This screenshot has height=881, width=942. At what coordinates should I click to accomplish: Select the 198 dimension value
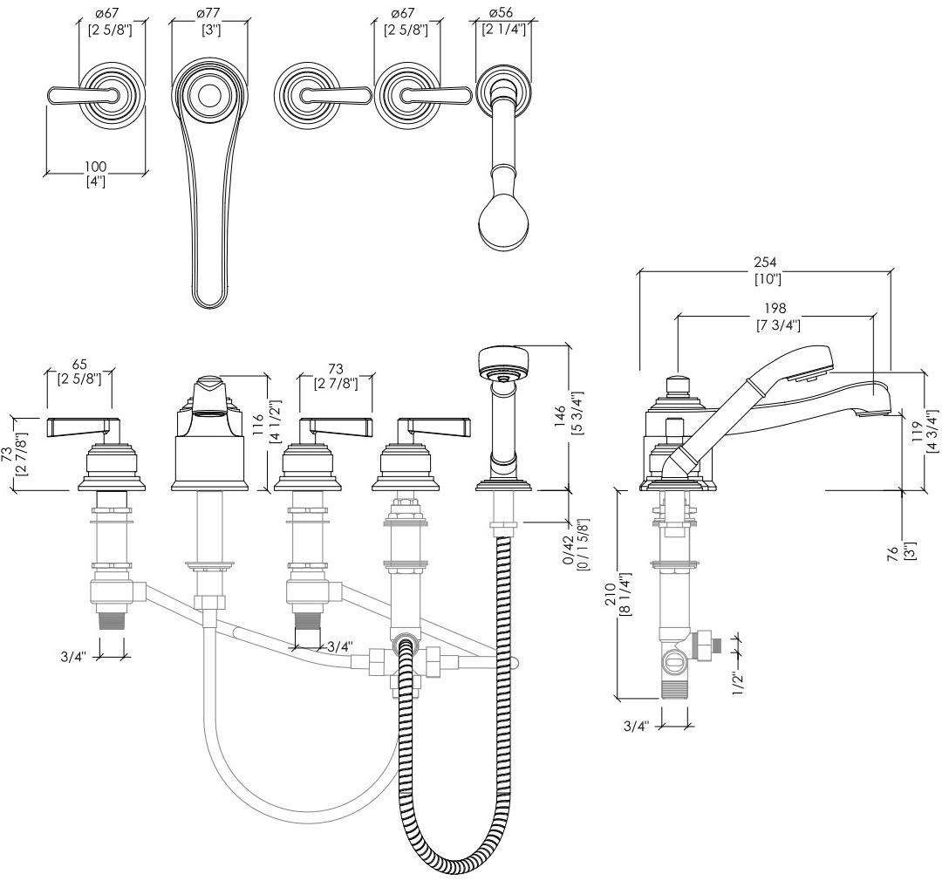(774, 308)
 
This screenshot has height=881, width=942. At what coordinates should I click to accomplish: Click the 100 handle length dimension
(95, 167)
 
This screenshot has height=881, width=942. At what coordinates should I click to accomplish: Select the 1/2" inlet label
(739, 676)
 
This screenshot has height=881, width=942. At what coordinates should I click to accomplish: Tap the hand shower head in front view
(503, 362)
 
